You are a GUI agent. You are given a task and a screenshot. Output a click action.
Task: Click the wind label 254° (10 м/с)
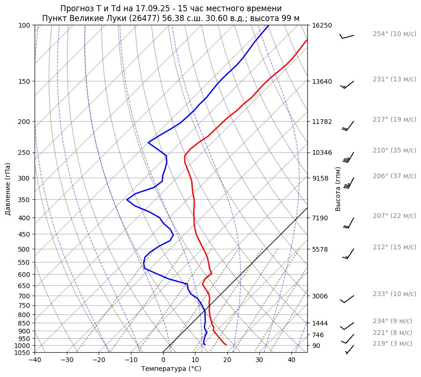click(394, 34)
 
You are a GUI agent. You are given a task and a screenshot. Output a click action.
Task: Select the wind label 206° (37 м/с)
click(394, 176)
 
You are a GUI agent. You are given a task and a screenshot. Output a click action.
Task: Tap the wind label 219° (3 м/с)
click(392, 343)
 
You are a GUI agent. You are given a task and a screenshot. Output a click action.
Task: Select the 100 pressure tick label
click(25, 25)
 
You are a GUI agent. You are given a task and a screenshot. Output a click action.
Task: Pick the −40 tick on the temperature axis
click(35, 360)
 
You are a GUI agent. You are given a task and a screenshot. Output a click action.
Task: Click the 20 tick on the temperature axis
click(227, 360)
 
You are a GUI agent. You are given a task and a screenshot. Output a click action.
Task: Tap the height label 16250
click(322, 25)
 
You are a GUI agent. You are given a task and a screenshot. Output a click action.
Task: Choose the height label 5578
click(320, 249)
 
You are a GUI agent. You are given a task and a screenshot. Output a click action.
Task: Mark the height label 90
click(316, 346)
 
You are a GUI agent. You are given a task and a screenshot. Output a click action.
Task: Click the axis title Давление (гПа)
click(8, 189)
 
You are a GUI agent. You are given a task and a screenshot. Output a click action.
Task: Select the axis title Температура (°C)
click(171, 369)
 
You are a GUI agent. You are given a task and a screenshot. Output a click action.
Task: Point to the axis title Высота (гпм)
click(338, 188)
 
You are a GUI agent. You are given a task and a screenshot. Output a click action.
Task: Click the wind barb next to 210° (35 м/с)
click(349, 157)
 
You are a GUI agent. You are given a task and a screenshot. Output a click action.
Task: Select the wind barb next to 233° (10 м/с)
click(347, 299)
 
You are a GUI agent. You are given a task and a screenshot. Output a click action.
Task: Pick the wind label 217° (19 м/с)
click(394, 119)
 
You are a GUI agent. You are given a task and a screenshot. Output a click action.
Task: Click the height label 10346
click(322, 152)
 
